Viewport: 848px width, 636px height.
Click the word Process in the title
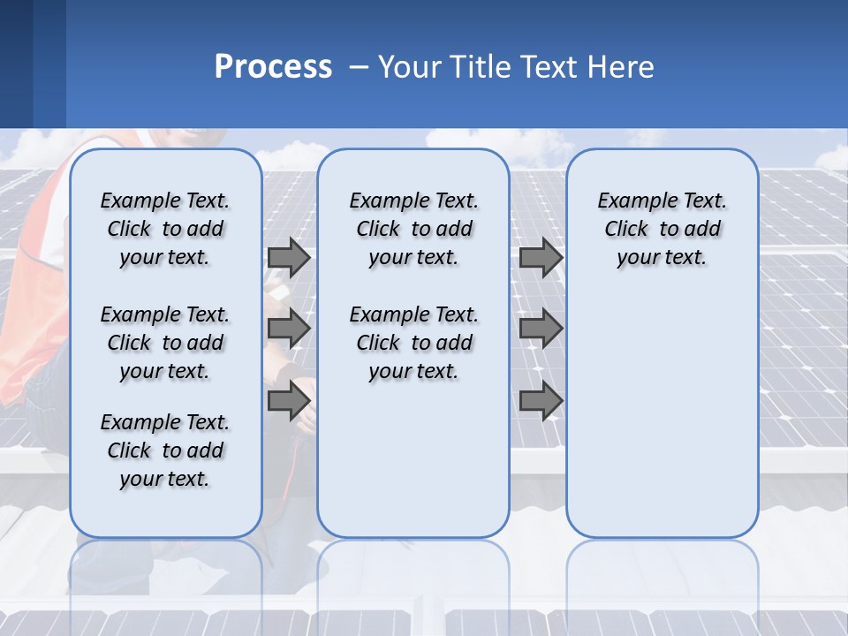click(x=273, y=67)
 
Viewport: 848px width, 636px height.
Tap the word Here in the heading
click(x=620, y=67)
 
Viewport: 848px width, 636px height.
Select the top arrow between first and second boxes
click(x=289, y=258)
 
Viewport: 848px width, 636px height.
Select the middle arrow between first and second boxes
click(x=289, y=329)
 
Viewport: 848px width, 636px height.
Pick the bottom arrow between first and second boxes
click(x=289, y=400)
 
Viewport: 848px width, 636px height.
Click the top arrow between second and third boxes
click(x=541, y=258)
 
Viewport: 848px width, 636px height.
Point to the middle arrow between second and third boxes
click(x=541, y=329)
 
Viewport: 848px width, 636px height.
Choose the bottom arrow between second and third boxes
click(x=541, y=400)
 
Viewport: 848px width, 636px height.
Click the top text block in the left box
click(x=165, y=229)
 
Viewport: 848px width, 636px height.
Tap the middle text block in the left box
click(x=165, y=343)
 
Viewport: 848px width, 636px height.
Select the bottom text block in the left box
click(x=165, y=450)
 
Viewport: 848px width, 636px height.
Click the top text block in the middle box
click(x=414, y=229)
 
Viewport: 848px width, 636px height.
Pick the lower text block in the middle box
click(x=414, y=343)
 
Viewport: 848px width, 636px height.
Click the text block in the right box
click(x=662, y=229)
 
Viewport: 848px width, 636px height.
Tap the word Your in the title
click(x=410, y=67)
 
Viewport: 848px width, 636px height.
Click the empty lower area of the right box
click(x=662, y=415)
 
